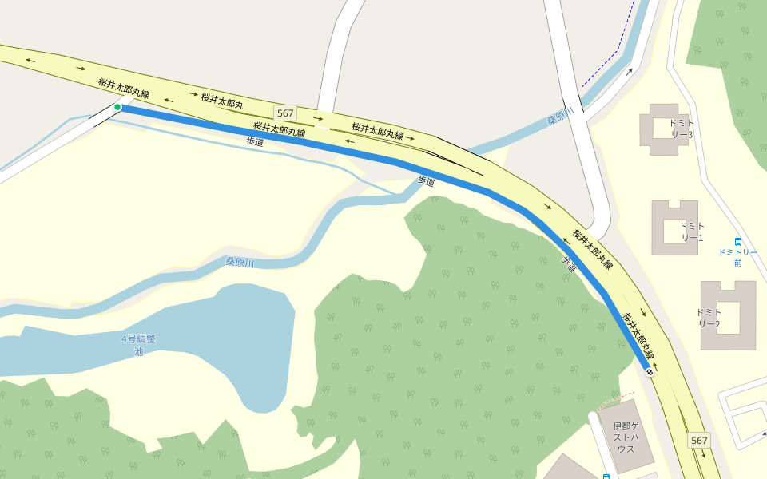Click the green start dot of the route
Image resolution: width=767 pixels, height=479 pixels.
coord(117,107)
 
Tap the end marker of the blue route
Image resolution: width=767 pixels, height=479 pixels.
coord(650,372)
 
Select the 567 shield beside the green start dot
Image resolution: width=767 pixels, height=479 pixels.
coord(285,113)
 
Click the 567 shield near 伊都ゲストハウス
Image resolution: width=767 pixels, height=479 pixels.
coord(699,441)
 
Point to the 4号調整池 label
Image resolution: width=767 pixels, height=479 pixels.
coord(138,345)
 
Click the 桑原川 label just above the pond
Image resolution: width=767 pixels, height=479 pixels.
coord(239,262)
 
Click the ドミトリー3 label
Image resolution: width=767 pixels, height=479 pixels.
coord(681,129)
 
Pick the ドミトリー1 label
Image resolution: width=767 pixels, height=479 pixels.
coord(691,232)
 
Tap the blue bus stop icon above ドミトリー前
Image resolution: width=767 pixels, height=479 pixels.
coord(737,241)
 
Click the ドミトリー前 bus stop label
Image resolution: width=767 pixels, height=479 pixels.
coord(737,257)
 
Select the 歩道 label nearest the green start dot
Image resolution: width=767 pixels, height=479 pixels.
coord(254,141)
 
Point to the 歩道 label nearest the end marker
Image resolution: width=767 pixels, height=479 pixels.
coord(569,264)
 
